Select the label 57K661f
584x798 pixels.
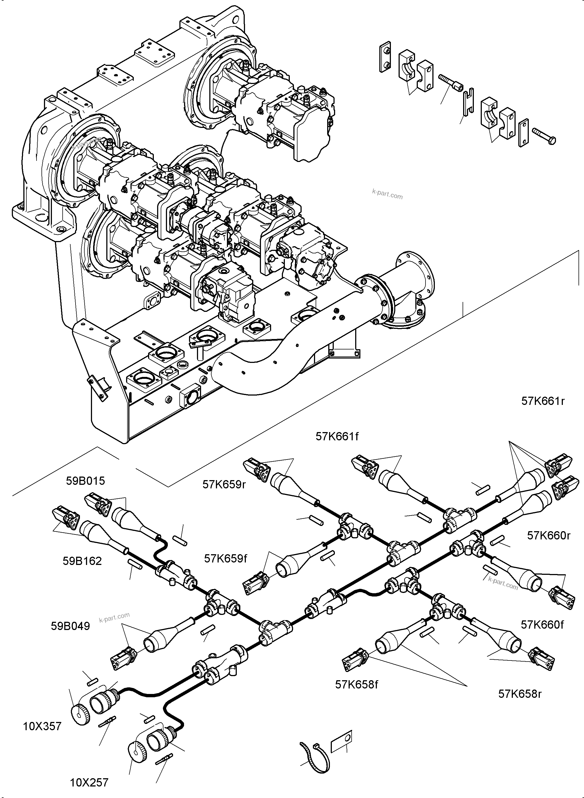[337, 437]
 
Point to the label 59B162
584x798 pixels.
[82, 561]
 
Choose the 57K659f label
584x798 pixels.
[226, 559]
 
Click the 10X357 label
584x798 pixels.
[42, 726]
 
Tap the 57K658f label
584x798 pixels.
[356, 685]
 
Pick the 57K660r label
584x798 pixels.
[549, 536]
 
